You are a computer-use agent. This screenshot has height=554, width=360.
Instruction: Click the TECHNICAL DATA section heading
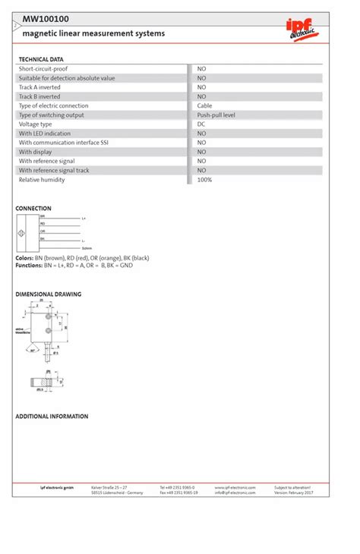tap(41, 59)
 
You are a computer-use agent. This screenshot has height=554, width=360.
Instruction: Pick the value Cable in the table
tap(205, 105)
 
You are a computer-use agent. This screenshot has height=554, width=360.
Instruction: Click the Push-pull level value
tap(216, 115)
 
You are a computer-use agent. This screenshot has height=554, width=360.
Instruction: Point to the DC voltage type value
tap(201, 124)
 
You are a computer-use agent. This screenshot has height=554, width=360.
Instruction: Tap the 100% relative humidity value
tap(205, 180)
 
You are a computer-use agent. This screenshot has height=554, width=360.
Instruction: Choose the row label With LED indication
tap(45, 134)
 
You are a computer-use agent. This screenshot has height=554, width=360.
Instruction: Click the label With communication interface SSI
tap(58, 143)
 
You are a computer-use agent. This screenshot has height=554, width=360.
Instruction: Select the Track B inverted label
tap(39, 96)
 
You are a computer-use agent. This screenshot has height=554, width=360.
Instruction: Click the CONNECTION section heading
tap(33, 208)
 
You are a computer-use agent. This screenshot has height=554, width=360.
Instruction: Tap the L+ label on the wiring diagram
tap(84, 219)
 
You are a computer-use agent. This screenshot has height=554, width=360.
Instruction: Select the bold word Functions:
tap(29, 266)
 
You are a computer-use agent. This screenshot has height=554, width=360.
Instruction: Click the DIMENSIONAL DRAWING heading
tap(49, 294)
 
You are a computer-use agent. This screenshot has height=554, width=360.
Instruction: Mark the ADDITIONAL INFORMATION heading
tap(52, 417)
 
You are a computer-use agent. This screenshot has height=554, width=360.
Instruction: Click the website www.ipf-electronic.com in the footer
tap(235, 487)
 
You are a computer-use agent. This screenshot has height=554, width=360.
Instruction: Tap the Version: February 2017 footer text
tap(294, 493)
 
